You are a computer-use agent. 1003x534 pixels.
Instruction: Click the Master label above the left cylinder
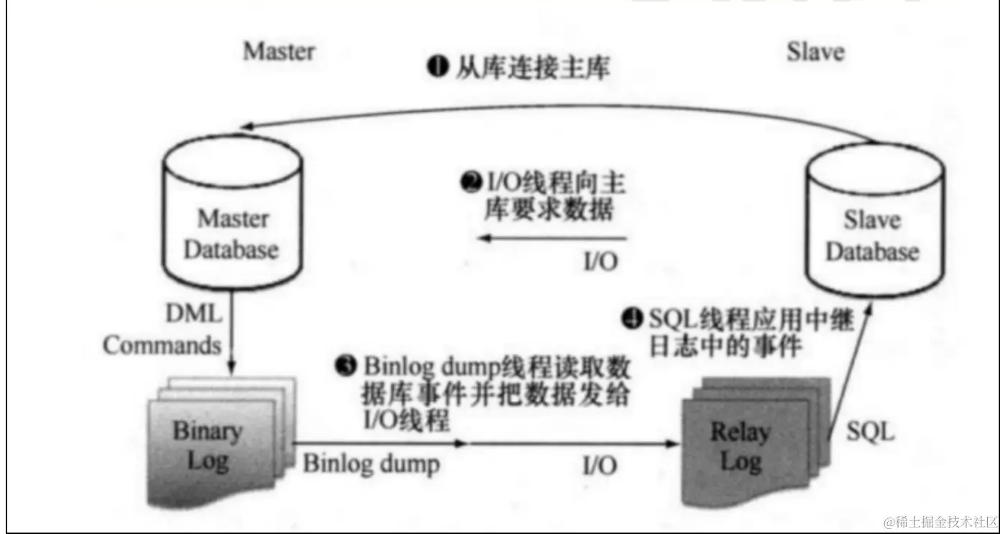278,52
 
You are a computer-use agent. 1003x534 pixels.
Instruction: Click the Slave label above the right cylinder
815,52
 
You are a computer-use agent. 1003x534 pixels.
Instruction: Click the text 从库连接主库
532,69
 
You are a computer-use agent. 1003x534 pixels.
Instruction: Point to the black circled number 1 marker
437,69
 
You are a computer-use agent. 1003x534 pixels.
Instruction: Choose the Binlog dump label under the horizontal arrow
371,463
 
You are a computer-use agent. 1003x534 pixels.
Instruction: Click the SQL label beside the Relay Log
871,431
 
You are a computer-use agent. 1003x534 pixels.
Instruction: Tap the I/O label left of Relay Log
599,466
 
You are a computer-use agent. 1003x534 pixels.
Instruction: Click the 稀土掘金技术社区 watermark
942,521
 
